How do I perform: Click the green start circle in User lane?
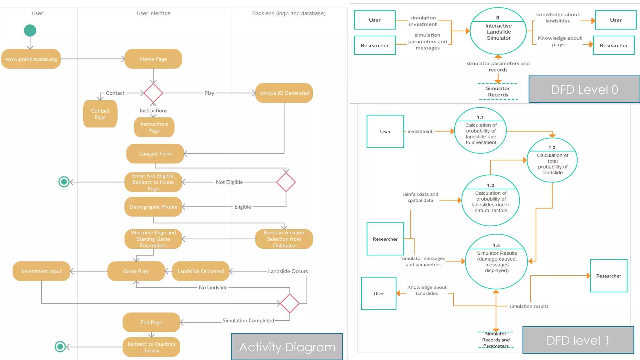(x=30, y=31)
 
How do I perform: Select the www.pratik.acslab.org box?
(x=31, y=59)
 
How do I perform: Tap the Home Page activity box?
(x=153, y=59)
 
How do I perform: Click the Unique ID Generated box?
(x=284, y=93)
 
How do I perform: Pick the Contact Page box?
(x=100, y=114)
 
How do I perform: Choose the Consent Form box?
(x=155, y=153)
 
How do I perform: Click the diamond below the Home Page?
(x=153, y=93)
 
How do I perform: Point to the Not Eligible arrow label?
(x=229, y=182)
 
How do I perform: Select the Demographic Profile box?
(x=153, y=207)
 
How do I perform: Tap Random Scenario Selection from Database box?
(x=284, y=239)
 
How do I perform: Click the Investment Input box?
(x=41, y=271)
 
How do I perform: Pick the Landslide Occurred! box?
(x=201, y=271)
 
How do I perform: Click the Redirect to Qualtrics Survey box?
(x=151, y=347)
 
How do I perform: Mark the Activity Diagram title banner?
(x=287, y=347)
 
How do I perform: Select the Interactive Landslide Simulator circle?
(x=498, y=31)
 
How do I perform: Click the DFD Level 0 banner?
(x=584, y=89)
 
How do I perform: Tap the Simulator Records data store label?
(x=498, y=92)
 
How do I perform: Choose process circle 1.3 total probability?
(x=552, y=160)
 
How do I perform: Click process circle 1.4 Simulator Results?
(x=496, y=261)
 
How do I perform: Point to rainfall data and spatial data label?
(x=420, y=197)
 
